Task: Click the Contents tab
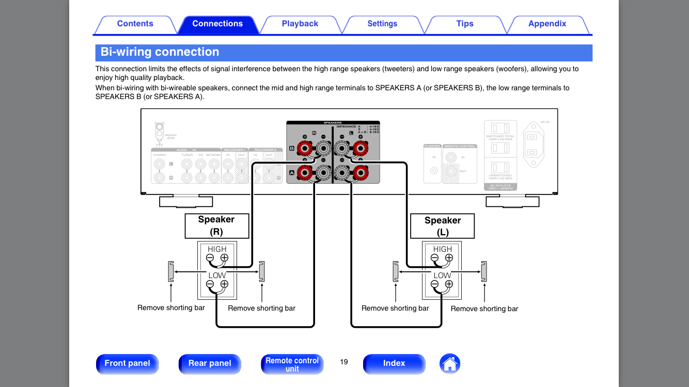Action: (x=135, y=24)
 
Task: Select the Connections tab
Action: (x=217, y=24)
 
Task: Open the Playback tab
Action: (x=300, y=24)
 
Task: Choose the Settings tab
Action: (x=382, y=24)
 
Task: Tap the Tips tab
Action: (x=465, y=24)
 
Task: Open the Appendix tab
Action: (x=547, y=24)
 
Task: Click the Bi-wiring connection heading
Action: (x=160, y=52)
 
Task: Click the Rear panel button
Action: (x=210, y=363)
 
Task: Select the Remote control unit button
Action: (x=292, y=364)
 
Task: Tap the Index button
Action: (x=394, y=363)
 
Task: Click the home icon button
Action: (x=450, y=364)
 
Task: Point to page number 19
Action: (x=344, y=362)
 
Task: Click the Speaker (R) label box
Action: (x=216, y=225)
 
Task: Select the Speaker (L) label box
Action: (x=442, y=226)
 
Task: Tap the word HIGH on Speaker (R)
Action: (x=217, y=249)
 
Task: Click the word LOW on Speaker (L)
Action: (x=442, y=276)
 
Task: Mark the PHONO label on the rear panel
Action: (x=159, y=155)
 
